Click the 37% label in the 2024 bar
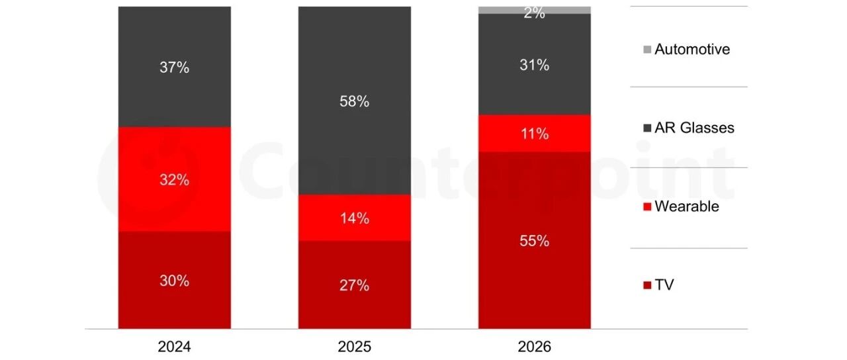tap(174, 67)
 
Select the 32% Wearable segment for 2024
tap(175, 179)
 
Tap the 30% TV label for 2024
tap(174, 281)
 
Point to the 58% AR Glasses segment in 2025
tap(355, 101)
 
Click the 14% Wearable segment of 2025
tap(355, 218)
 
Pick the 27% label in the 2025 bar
tap(354, 285)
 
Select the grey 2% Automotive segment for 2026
tap(535, 10)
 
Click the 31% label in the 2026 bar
tap(534, 65)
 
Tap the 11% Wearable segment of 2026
tap(535, 134)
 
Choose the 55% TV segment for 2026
tap(535, 240)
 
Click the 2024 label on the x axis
tap(174, 346)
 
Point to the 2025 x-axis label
tap(354, 346)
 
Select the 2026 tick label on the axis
tap(534, 346)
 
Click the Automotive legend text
tap(692, 49)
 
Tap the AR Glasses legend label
tap(695, 128)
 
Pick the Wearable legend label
tap(687, 206)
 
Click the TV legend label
tap(664, 285)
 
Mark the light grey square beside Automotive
tap(647, 50)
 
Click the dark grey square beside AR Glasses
tap(647, 128)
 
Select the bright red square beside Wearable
tap(647, 207)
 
